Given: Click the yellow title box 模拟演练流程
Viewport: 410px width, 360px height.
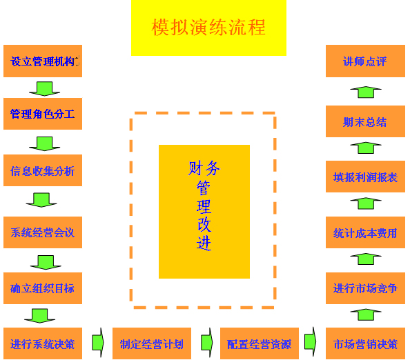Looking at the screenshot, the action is coord(208,28).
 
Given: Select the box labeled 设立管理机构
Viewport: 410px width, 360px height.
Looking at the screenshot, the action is coord(43,61).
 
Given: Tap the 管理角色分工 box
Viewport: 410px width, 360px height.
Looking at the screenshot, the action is coord(43,114).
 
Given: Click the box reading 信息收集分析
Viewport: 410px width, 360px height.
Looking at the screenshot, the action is coord(43,170).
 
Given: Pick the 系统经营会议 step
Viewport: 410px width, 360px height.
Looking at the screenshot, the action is coord(43,232).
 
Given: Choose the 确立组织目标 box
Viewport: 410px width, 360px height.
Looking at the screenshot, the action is coord(43,288).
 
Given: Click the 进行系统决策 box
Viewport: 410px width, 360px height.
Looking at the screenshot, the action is coord(43,343).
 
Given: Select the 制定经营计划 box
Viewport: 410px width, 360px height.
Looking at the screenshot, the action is coord(152,343).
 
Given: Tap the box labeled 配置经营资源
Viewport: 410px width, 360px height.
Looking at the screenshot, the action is coord(260,343).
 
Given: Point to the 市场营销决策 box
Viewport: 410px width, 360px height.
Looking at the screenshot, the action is coord(365,343).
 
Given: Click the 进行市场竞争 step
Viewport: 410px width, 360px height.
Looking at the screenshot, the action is coord(365,288).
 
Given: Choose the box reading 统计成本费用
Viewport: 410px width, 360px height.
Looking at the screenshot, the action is coord(365,232).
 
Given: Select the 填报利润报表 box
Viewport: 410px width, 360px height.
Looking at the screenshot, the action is coord(365,177).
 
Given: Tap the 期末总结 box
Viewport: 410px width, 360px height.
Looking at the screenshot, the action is coord(365,121).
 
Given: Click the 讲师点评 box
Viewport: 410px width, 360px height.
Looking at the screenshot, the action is coord(365,61).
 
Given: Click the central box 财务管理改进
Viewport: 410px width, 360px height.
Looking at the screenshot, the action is coord(204,212).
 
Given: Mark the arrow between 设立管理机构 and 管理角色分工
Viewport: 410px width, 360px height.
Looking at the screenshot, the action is coord(44,88).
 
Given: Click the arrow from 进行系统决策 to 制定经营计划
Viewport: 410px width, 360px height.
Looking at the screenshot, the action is coord(98,342).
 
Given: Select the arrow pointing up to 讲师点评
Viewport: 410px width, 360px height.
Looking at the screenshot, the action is coord(366,92).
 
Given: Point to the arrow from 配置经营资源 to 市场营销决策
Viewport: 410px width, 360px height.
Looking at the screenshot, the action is coord(311,341).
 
